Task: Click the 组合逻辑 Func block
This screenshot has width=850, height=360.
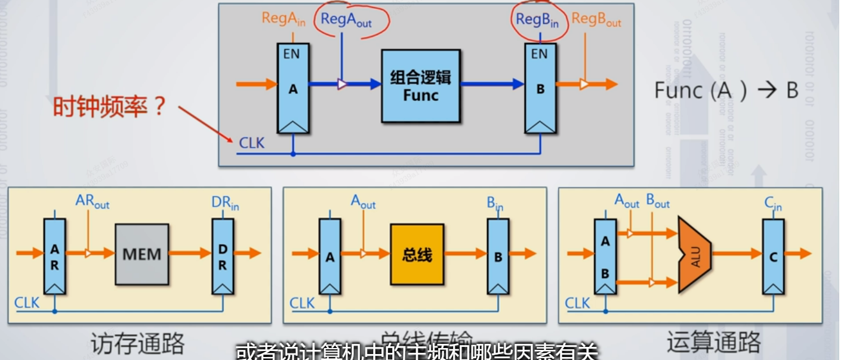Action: click(x=421, y=87)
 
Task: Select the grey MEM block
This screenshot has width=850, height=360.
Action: click(x=142, y=254)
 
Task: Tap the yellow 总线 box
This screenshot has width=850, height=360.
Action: click(x=417, y=254)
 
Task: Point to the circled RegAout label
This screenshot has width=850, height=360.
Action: click(x=346, y=19)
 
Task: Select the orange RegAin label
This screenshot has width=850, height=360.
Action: click(x=284, y=19)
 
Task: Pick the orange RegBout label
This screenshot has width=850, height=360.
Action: click(x=596, y=20)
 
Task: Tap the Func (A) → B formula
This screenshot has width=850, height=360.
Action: click(x=726, y=90)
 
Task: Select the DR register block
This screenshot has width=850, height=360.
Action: click(x=223, y=256)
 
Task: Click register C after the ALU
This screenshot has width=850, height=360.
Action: click(x=774, y=256)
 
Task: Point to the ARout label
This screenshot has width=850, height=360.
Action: click(x=93, y=201)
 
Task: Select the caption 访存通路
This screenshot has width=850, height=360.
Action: click(x=137, y=344)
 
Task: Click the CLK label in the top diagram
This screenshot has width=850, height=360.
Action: click(x=251, y=143)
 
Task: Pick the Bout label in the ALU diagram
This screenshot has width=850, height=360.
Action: click(x=658, y=201)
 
